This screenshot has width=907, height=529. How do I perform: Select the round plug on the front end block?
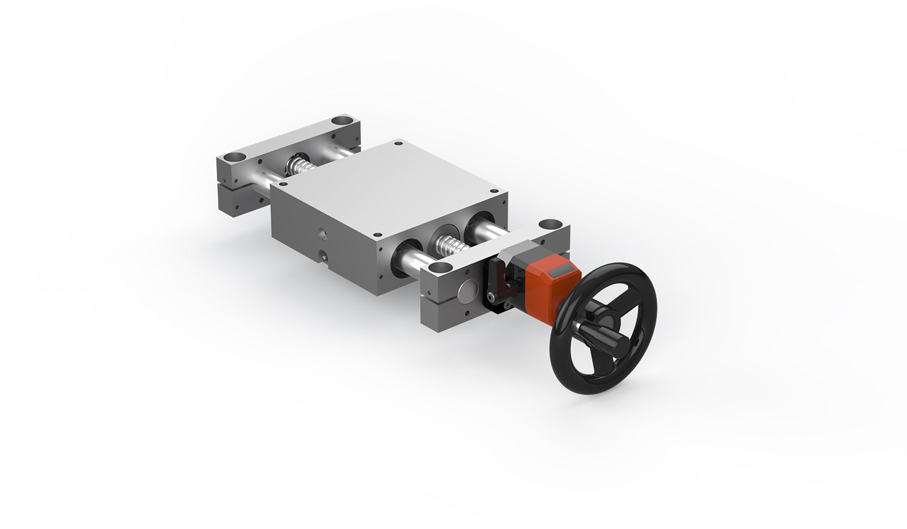pos(466,293)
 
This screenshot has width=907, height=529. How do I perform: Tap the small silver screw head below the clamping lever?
pos(491,297)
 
